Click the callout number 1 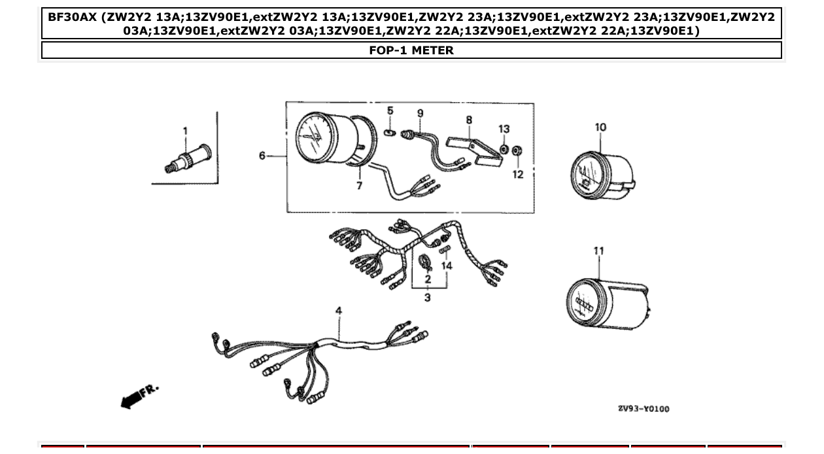pos(185,131)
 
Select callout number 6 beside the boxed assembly pos(262,156)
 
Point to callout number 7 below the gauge pos(359,186)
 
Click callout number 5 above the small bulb pos(390,111)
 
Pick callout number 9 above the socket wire pos(420,114)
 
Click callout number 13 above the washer pos(504,130)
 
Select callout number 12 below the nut pos(518,175)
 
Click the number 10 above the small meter pos(600,128)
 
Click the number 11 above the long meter pos(599,251)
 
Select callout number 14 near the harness pos(447,266)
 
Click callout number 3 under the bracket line pos(428,298)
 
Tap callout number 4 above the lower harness pos(339,311)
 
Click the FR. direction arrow pos(139,395)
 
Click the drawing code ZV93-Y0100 pos(644,409)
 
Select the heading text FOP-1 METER pos(411,50)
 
